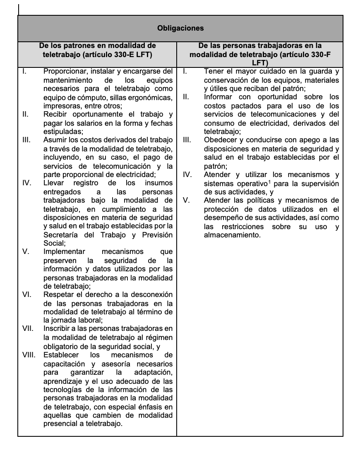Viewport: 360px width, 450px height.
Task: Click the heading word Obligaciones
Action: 180,29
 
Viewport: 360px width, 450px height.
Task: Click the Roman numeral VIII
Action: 29,355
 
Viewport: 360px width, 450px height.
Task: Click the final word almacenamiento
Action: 232,235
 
